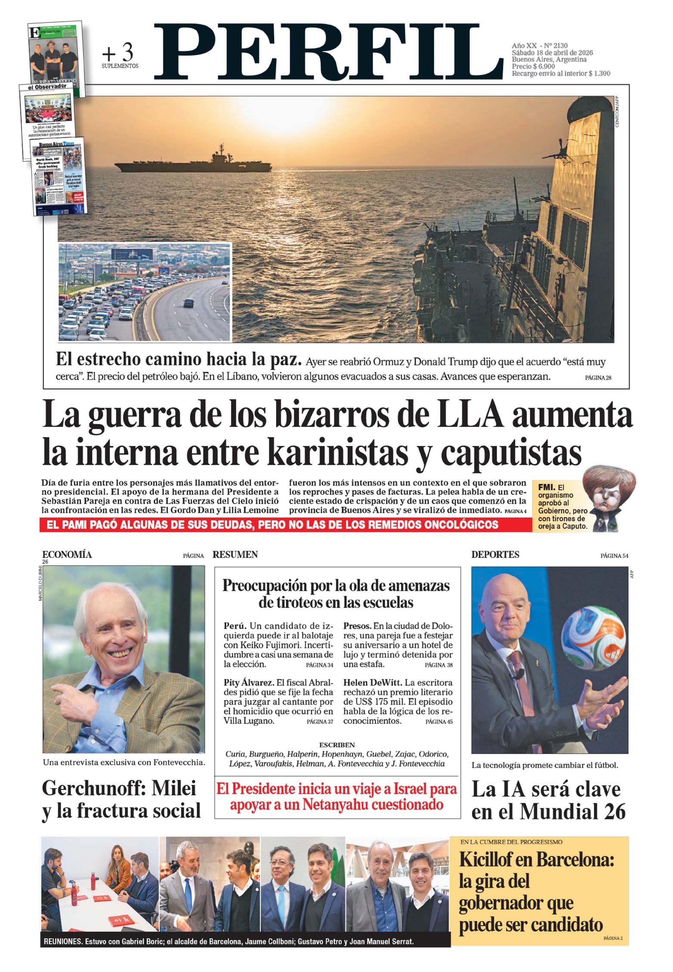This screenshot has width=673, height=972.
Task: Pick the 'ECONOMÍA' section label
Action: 67,555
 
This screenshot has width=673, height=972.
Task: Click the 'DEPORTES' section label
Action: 495,555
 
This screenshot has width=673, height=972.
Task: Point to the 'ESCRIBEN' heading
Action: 337,745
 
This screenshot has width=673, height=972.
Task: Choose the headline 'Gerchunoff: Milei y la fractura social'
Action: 121,800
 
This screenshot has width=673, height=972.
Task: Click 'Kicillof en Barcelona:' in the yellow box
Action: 537,860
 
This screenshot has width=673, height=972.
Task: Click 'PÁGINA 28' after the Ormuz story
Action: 598,378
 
